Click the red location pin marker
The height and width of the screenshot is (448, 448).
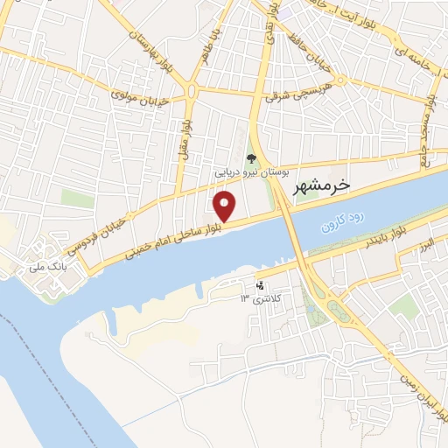[x=225, y=206]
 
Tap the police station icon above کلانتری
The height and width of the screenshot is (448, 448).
[x=259, y=284]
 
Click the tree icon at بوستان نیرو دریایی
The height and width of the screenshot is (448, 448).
[x=251, y=159]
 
